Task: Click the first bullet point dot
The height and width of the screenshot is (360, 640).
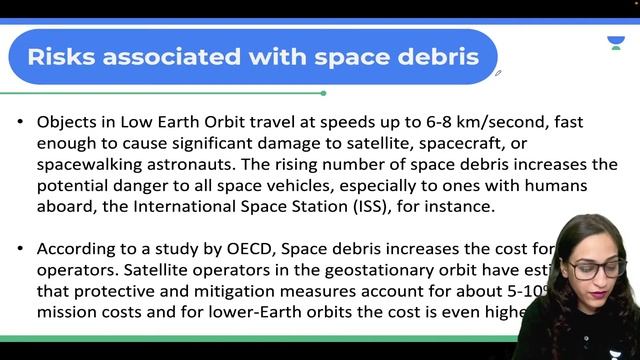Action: pos(21,122)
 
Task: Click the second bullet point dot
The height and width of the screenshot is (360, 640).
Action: pos(21,250)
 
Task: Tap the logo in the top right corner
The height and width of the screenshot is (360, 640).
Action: pos(616,43)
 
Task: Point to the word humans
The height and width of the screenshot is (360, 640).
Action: pos(551,186)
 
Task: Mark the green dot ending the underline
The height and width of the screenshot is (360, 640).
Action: pos(323,93)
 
